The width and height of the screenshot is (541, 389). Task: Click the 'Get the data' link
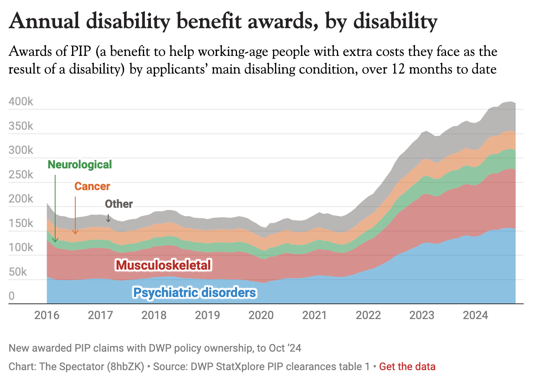[407, 366]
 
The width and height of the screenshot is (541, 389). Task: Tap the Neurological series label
[80, 165]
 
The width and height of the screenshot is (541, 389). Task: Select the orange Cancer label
[92, 186]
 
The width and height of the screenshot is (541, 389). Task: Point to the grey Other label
[119, 204]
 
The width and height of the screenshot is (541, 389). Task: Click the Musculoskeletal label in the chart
[163, 265]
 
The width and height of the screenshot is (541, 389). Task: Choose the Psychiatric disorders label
[194, 293]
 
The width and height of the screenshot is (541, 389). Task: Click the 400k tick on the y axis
[21, 102]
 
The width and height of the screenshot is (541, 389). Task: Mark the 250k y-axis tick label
[21, 175]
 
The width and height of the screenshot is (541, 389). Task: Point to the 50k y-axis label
[18, 272]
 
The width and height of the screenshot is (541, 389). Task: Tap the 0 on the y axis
[12, 296]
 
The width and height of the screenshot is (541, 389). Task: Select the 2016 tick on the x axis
[47, 315]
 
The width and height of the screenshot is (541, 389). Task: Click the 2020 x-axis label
[261, 315]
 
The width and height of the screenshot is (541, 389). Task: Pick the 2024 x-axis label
[475, 315]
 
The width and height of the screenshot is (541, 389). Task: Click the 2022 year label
[368, 315]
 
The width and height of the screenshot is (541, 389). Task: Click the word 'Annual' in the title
[44, 21]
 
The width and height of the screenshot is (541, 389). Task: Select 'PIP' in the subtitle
[82, 52]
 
